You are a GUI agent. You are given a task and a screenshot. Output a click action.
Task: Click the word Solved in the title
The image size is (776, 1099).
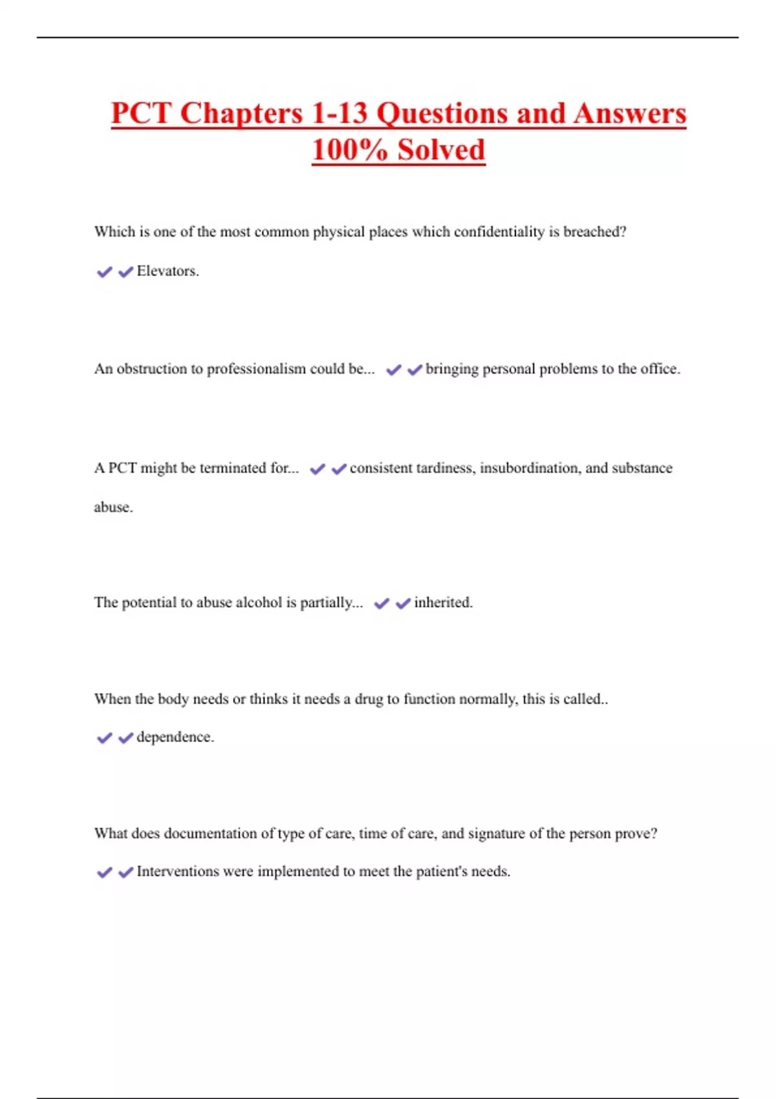tap(441, 150)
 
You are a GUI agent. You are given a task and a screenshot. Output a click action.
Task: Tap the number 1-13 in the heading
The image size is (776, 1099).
tap(339, 114)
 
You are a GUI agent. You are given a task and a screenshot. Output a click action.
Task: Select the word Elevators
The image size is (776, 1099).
tap(167, 272)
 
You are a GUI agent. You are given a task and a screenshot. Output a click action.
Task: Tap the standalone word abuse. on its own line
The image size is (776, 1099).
tap(113, 507)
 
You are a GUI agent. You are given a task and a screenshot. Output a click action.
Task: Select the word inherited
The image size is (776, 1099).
tap(443, 603)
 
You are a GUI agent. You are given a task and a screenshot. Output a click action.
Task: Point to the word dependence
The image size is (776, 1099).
tap(175, 737)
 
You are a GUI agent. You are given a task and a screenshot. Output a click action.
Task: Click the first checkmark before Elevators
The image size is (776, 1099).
tap(104, 272)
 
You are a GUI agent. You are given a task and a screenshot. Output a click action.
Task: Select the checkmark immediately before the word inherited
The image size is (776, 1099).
tap(403, 603)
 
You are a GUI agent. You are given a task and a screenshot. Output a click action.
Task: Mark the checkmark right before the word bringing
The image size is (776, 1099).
tap(415, 370)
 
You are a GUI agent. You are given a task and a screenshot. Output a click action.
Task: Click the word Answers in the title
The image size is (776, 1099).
tap(629, 114)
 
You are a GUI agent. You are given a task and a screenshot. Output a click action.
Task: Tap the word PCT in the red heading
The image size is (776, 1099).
tap(141, 114)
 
